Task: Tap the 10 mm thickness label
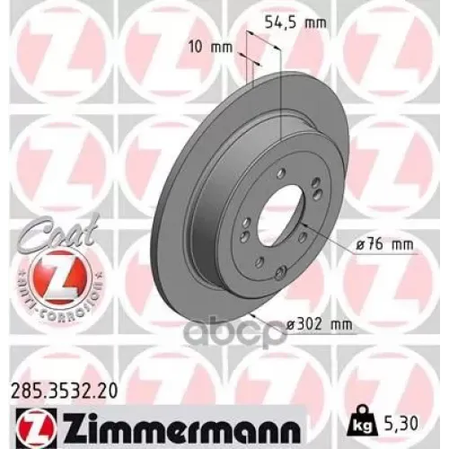point(210,45)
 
